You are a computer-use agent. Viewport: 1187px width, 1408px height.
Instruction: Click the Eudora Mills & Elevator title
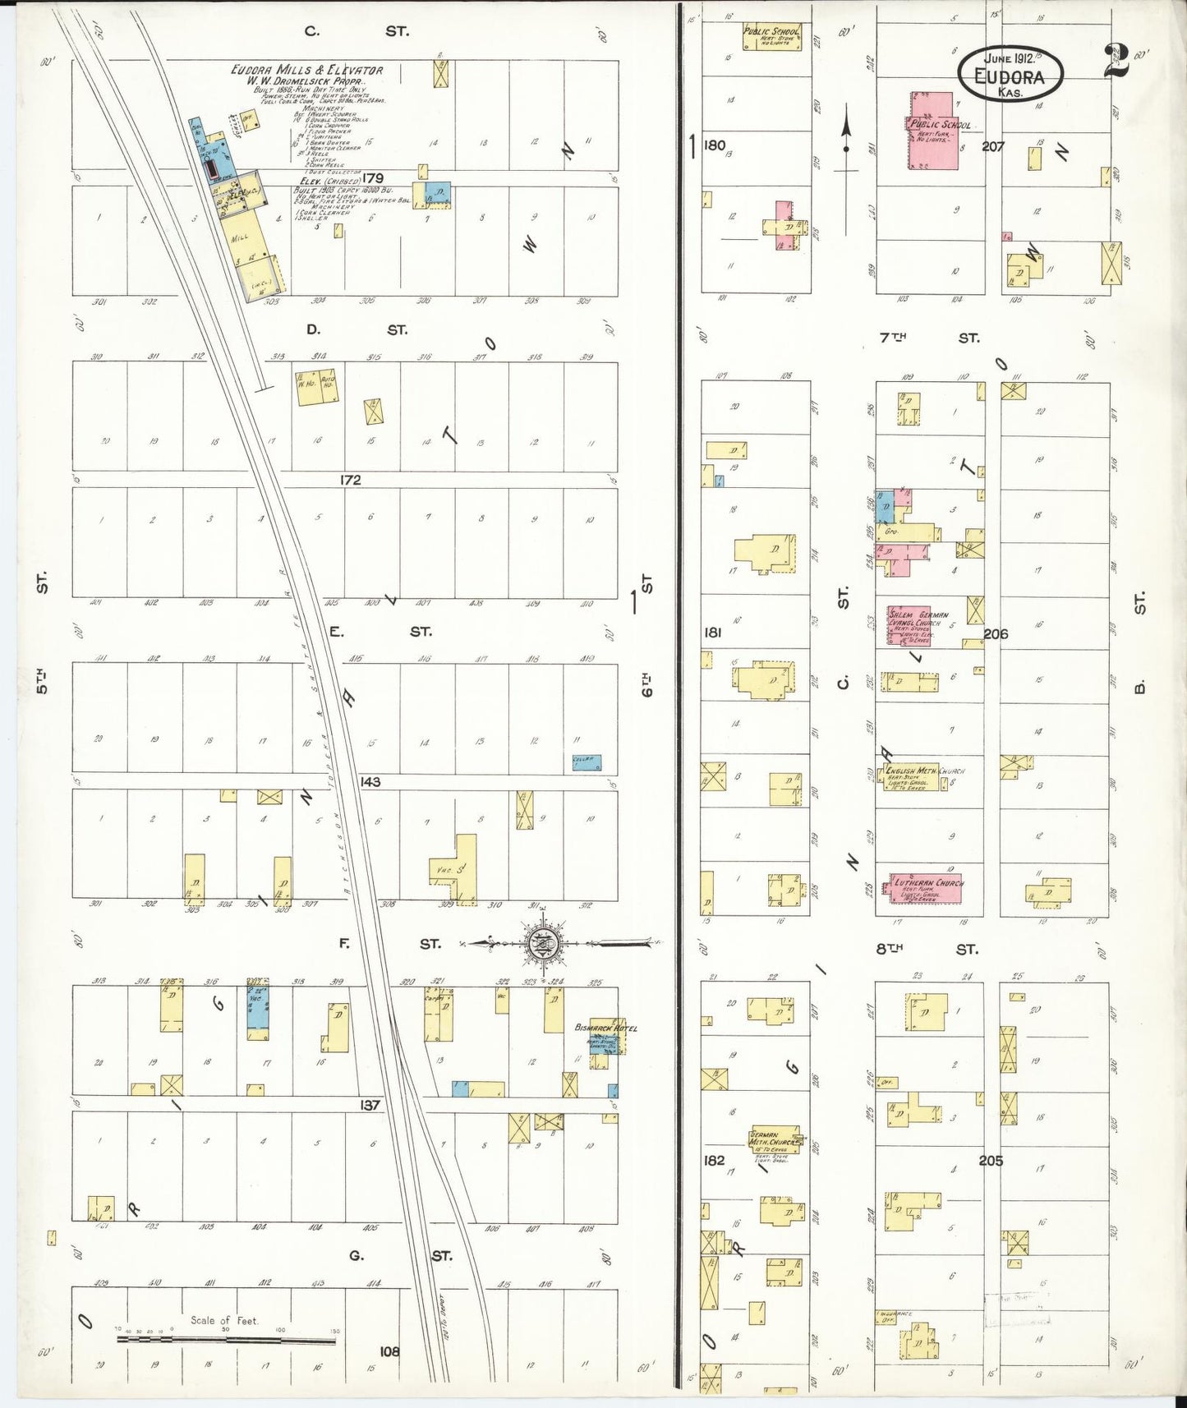coord(306,71)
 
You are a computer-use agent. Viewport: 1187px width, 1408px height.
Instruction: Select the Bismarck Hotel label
coord(605,1028)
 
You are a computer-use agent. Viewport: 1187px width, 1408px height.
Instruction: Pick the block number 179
coord(373,177)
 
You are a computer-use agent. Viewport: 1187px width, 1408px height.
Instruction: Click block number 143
coord(370,781)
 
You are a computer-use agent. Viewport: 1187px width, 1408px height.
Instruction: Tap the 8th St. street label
coord(927,949)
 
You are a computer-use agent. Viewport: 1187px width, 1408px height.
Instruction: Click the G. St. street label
coord(398,1255)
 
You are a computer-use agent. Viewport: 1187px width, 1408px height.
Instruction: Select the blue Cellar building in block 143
coord(587,762)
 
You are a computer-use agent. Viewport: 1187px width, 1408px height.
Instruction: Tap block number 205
coord(991,1161)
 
